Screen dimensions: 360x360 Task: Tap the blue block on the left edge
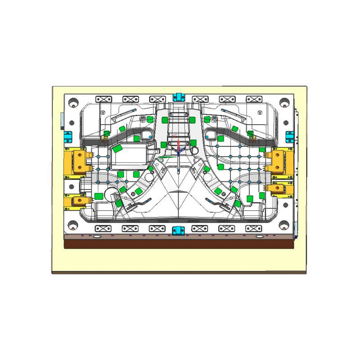[68, 135]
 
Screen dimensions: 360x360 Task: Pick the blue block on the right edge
[290, 135]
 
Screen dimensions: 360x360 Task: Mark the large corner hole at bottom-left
[72, 224]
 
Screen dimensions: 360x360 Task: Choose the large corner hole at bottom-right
[284, 224]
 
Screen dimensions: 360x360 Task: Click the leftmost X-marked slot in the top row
[103, 99]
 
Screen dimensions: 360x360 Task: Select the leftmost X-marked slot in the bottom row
[103, 229]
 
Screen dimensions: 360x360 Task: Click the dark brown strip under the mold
[179, 244]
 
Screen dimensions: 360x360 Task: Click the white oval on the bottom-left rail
[96, 236]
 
